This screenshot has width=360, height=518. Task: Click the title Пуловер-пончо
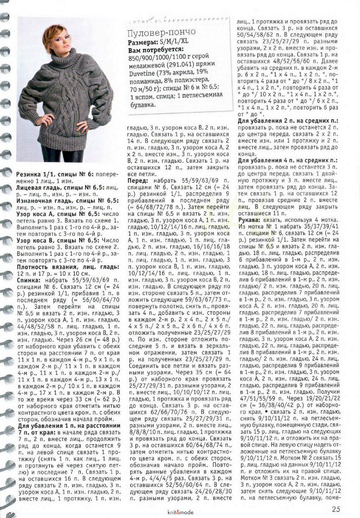point(161,33)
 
